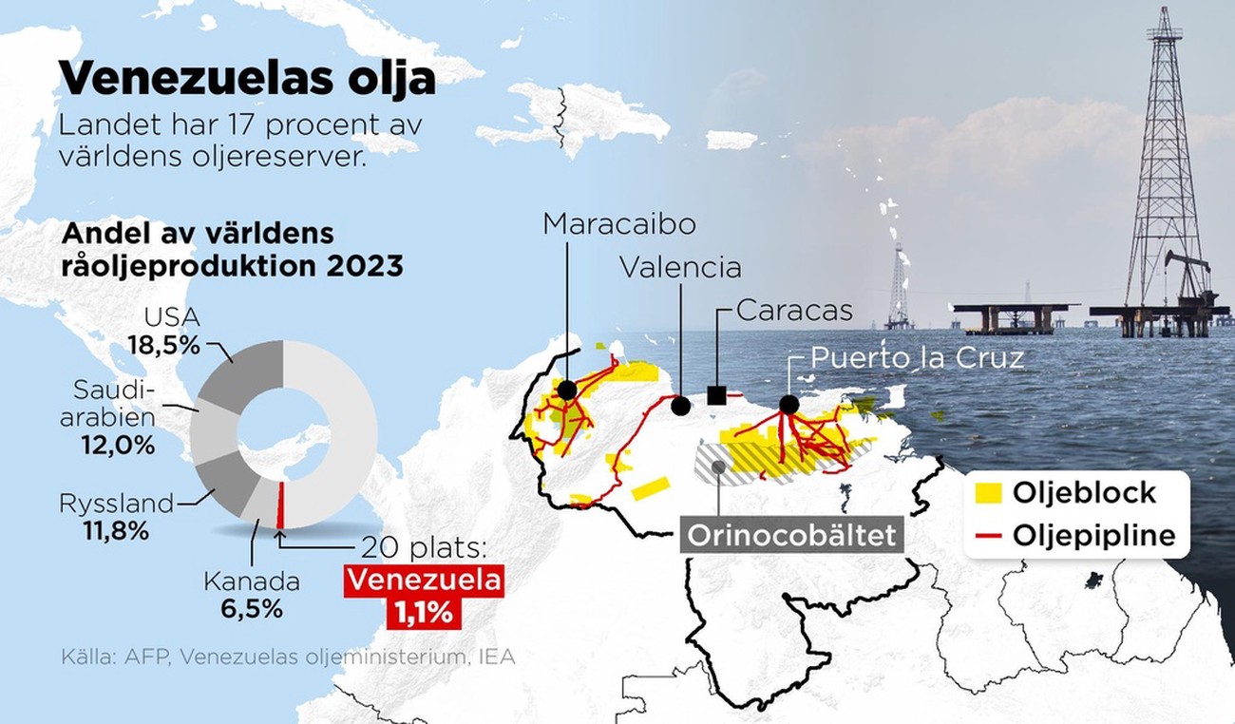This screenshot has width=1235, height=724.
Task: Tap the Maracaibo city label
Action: [x=619, y=223]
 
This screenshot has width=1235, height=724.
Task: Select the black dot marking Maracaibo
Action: [x=567, y=390]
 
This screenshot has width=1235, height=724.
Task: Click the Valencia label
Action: [x=680, y=267]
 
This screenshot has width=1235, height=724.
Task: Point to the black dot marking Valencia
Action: [x=680, y=406]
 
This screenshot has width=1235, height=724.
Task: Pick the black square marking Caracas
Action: [x=717, y=394]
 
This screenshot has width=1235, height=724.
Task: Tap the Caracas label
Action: [x=794, y=310]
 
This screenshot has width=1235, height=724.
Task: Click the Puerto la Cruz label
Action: [x=917, y=359]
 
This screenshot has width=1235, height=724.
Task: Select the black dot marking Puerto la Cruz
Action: [x=788, y=404]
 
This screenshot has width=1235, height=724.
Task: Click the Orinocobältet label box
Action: [x=791, y=534]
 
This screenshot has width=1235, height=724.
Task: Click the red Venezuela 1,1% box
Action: [x=425, y=596]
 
